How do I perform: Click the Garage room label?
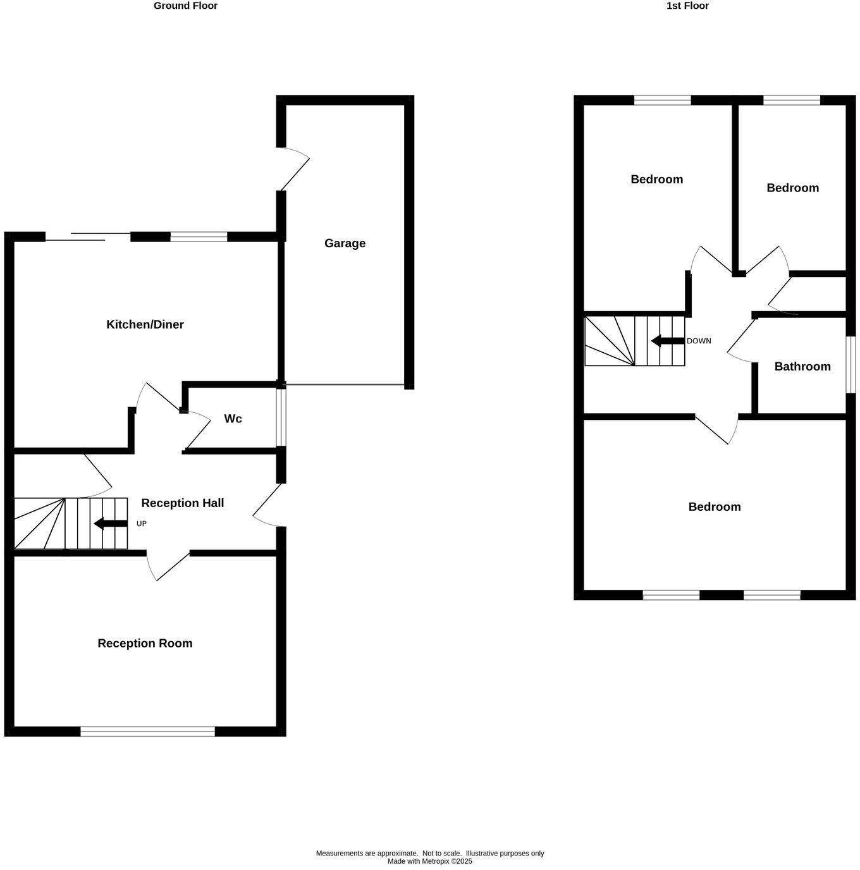point(345,243)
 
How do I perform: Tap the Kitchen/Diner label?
point(145,324)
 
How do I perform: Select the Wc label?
point(233,419)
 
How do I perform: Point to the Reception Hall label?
point(182,503)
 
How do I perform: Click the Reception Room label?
point(145,643)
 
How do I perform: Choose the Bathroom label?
point(802,366)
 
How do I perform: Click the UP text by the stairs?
point(142,524)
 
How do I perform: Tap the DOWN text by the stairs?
point(699,341)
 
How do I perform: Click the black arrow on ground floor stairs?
point(110,524)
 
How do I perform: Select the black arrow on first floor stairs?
point(667,341)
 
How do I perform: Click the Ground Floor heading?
point(185,6)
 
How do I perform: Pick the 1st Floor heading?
point(687,6)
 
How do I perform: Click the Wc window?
point(282,417)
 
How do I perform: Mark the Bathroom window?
point(851,365)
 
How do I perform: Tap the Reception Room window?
point(147,732)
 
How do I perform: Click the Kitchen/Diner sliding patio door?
point(88,237)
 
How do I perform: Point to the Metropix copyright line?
point(429,861)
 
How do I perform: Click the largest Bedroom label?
point(714,506)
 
